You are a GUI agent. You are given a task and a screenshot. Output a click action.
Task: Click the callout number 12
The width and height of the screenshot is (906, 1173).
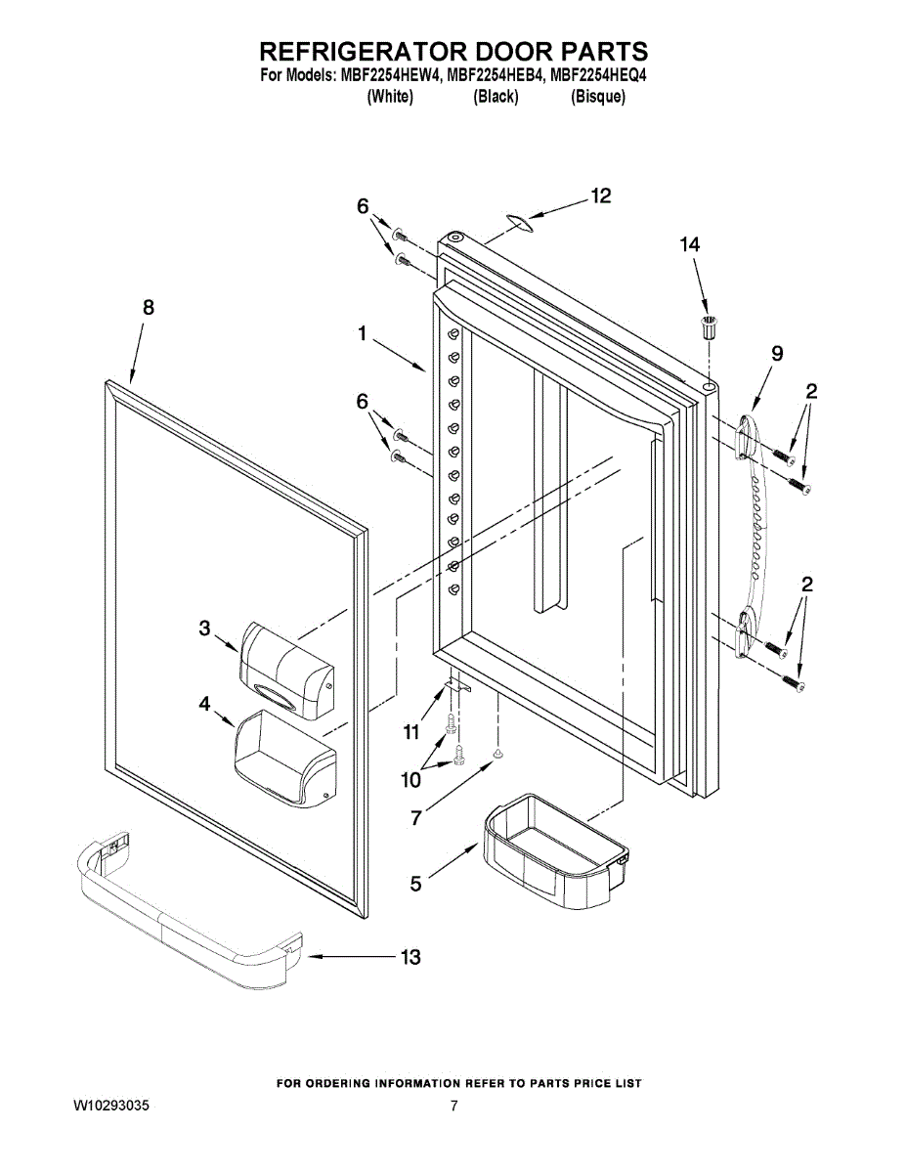600,196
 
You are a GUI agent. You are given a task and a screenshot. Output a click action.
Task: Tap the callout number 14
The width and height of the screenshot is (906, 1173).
690,245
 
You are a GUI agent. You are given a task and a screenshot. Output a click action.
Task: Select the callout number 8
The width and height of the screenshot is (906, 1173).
148,307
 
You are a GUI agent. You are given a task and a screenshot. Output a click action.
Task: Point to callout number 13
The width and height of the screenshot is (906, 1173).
410,957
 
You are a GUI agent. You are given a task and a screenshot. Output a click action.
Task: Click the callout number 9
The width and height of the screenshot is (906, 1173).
776,354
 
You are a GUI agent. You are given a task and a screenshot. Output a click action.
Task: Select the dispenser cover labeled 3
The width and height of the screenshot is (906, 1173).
284,668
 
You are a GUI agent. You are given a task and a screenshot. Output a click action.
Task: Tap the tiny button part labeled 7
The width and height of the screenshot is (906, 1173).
497,754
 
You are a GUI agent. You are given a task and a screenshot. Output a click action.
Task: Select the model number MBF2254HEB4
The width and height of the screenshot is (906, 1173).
493,75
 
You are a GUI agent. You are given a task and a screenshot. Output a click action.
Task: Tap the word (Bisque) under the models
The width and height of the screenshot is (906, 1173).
598,97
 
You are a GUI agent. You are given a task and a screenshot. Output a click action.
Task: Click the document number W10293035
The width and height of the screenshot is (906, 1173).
112,1107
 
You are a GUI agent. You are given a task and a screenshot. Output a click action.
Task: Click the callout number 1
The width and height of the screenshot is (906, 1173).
362,334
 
